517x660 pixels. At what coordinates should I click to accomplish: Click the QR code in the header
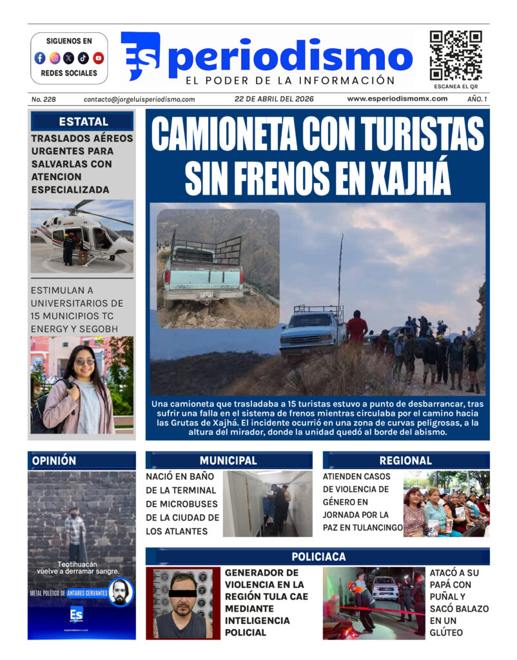click(x=456, y=55)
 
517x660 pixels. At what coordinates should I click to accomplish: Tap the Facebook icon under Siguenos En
click(x=40, y=58)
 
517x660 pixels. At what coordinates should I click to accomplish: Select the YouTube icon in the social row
click(x=98, y=58)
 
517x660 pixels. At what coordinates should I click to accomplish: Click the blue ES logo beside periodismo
click(x=140, y=55)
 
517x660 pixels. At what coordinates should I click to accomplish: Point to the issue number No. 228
click(x=43, y=99)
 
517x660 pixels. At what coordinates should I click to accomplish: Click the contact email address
click(x=139, y=99)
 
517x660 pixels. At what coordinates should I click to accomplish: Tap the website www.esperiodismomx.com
click(x=397, y=99)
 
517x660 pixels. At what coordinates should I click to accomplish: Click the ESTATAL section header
click(x=83, y=121)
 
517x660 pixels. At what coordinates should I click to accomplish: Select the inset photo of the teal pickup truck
click(x=218, y=268)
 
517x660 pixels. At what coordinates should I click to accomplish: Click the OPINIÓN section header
click(x=54, y=461)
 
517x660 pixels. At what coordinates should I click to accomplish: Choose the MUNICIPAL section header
click(x=228, y=461)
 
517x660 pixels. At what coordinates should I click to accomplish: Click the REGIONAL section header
click(x=405, y=461)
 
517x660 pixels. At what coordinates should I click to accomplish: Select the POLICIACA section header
click(x=318, y=556)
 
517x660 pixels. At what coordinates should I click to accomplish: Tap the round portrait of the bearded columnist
click(x=121, y=592)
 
